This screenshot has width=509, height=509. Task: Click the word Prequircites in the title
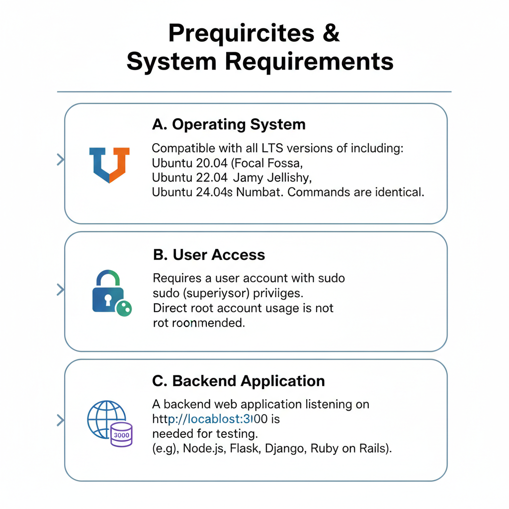pos(241,33)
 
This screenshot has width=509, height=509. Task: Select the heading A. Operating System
pos(229,124)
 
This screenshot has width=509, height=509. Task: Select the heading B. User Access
pos(209,255)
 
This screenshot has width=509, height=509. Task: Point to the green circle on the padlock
pos(123,309)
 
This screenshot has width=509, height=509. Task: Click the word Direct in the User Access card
pos(169,308)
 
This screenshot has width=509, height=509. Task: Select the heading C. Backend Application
pos(238,381)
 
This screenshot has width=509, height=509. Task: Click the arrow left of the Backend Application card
pos(61,421)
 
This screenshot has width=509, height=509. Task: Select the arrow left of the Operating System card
pos(61,160)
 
